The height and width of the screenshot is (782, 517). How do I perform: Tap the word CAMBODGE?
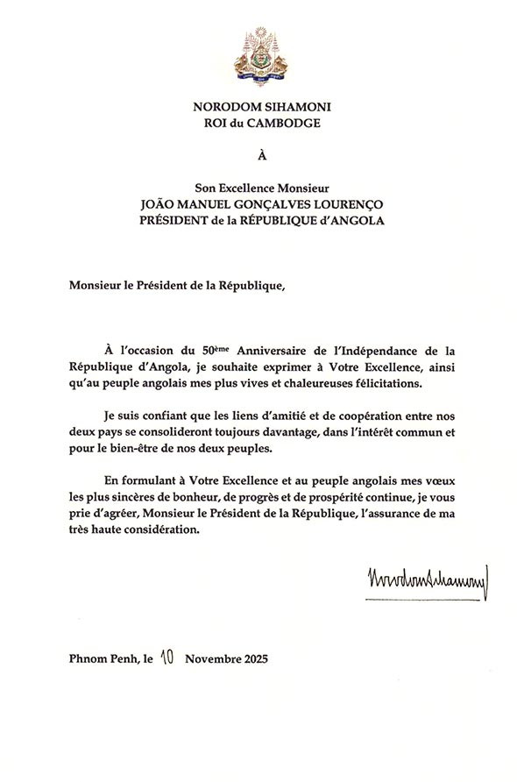287,123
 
